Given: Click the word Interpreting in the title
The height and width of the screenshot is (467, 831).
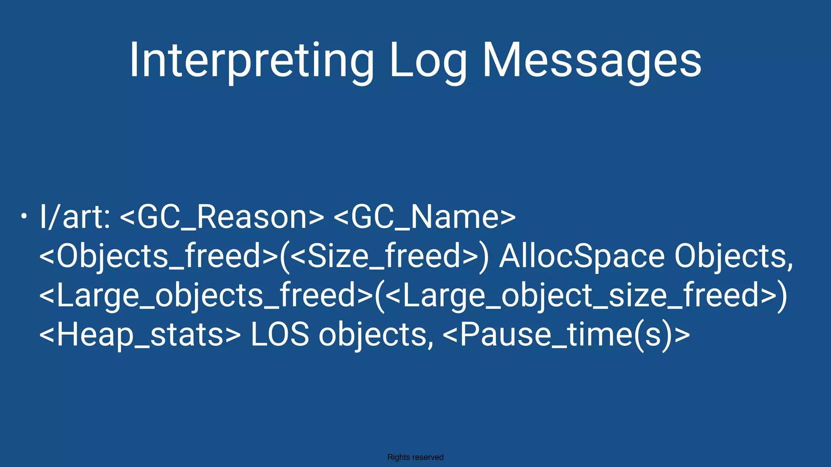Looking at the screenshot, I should coord(252,61).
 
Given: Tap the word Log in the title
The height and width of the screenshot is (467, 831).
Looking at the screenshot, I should coord(428,61).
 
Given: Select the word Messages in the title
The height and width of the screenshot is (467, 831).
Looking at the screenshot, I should coord(592,61).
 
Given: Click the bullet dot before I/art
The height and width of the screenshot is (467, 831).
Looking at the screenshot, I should coord(24,216).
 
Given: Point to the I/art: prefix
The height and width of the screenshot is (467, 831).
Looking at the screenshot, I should coord(75,217).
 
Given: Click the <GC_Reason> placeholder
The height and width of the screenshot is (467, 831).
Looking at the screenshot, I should coord(222,217).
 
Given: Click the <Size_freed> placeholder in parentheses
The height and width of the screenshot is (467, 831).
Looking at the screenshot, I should coord(385,256).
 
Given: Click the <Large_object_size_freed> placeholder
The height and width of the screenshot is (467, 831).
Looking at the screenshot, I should coord(580,296).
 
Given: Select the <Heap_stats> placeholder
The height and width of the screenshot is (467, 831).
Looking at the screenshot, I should coord(140,335).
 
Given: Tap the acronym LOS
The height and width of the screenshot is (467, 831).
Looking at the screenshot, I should coord(280,335).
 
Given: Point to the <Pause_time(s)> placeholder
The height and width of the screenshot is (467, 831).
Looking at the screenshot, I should coord(566,335).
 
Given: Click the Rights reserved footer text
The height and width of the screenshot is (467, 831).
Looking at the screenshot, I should coord(415,457).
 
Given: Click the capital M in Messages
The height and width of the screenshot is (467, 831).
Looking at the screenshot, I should coord(502,61).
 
